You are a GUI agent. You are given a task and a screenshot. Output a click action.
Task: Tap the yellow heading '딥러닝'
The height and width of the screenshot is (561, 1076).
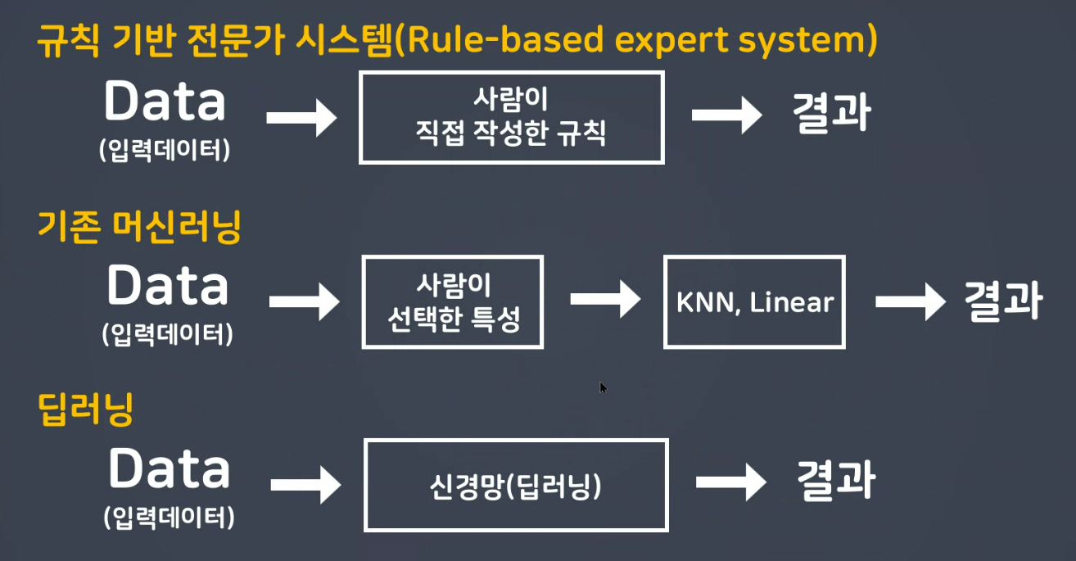pyautogui.click(x=85, y=409)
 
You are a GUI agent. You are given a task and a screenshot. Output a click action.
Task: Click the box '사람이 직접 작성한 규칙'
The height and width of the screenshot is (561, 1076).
pyautogui.click(x=511, y=117)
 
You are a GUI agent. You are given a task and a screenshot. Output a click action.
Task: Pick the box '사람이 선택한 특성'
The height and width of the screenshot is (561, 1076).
pyautogui.click(x=453, y=302)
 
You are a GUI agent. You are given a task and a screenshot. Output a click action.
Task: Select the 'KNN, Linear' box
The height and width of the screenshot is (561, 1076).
pyautogui.click(x=754, y=302)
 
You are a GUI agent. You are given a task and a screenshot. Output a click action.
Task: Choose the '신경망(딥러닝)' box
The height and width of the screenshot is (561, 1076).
pyautogui.click(x=516, y=485)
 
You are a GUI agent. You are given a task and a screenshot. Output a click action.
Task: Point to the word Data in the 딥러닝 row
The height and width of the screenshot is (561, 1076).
pyautogui.click(x=169, y=470)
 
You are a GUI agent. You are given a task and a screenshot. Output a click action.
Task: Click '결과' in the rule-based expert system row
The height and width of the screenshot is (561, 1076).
pyautogui.click(x=830, y=115)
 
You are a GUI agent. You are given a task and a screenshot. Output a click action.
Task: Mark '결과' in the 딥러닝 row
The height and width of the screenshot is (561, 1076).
pyautogui.click(x=835, y=481)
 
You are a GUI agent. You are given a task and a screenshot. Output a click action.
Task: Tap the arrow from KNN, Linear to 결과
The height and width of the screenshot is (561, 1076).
pyautogui.click(x=910, y=301)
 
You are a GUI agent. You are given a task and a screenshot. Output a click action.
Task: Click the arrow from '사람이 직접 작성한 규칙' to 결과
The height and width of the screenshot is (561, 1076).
pyautogui.click(x=726, y=115)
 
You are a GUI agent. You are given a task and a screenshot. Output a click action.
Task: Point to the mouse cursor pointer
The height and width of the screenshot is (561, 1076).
pyautogui.click(x=604, y=387)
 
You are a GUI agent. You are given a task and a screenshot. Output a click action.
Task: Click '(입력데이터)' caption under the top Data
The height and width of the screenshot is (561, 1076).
pyautogui.click(x=164, y=151)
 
